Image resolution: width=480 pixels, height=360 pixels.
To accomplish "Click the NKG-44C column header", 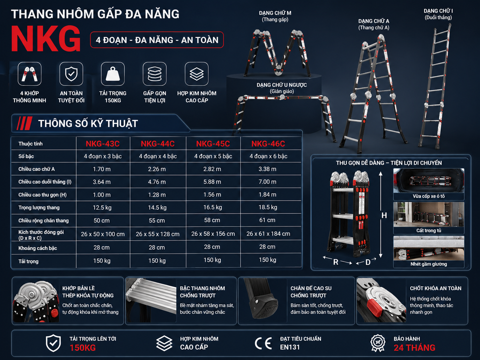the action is pos(157,143).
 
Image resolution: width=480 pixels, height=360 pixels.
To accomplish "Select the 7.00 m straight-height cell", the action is pos(268,182).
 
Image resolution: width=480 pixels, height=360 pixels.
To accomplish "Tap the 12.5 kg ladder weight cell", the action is pos(102,208).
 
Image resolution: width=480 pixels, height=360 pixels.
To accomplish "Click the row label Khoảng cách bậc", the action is pos(37,248).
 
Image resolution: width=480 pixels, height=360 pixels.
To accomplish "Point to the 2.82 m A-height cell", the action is pos(212,169).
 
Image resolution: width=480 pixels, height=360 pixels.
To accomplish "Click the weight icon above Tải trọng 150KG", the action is pos(112,74).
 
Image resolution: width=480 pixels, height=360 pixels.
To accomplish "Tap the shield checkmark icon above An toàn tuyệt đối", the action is pos(71,74).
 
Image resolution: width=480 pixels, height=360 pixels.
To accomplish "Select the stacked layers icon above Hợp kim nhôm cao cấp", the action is pos(196,74).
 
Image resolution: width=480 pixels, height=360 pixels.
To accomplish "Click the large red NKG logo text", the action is pos(46,39).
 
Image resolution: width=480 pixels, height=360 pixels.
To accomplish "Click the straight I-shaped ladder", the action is pos(435,87).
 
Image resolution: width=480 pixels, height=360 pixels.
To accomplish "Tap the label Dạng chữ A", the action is pos(374,21).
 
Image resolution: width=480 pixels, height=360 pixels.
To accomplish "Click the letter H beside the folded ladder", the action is pos(384,216).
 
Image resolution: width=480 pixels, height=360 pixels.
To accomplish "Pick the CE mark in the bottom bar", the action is pos(263,343).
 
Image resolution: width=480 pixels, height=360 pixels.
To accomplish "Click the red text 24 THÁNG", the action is pos(414,348).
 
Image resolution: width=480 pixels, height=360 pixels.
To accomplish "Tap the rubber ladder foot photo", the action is pos(262,300).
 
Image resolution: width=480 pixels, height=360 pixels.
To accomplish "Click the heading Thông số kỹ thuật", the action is pos(88,123).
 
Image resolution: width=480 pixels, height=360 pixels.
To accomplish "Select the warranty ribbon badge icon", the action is pos(378,343).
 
